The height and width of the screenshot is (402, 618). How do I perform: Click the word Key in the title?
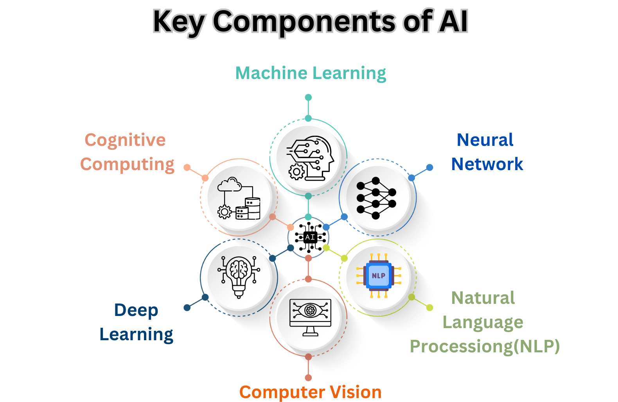[x=178, y=22]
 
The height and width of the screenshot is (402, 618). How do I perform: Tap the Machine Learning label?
[x=311, y=73]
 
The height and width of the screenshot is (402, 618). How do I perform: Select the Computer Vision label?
[x=310, y=392]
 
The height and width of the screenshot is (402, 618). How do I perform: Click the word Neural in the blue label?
[x=485, y=140]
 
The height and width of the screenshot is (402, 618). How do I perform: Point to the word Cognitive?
[x=125, y=140]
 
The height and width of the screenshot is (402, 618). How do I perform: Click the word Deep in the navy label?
[x=136, y=310]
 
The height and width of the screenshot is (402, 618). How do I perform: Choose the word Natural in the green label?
[x=483, y=298]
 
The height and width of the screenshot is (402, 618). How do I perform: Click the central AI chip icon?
[x=310, y=237]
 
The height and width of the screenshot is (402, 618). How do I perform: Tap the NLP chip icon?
[x=378, y=276]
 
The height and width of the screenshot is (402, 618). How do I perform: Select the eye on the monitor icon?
[x=310, y=310]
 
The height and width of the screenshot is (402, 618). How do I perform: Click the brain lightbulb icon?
[x=239, y=276]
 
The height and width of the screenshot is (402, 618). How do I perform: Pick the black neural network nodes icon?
[x=376, y=198]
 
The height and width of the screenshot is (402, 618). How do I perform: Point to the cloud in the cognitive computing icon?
[x=230, y=184]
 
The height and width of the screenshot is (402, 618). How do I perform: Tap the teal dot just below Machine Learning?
[x=308, y=97]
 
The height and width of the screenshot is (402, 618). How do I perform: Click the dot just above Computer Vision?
[x=308, y=377]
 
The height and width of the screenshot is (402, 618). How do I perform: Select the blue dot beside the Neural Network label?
[x=429, y=167]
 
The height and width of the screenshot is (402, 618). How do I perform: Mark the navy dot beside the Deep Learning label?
[x=187, y=308]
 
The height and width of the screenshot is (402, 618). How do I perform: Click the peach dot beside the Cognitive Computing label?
[x=187, y=167]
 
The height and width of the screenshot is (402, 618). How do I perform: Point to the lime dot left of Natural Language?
[x=429, y=308]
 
